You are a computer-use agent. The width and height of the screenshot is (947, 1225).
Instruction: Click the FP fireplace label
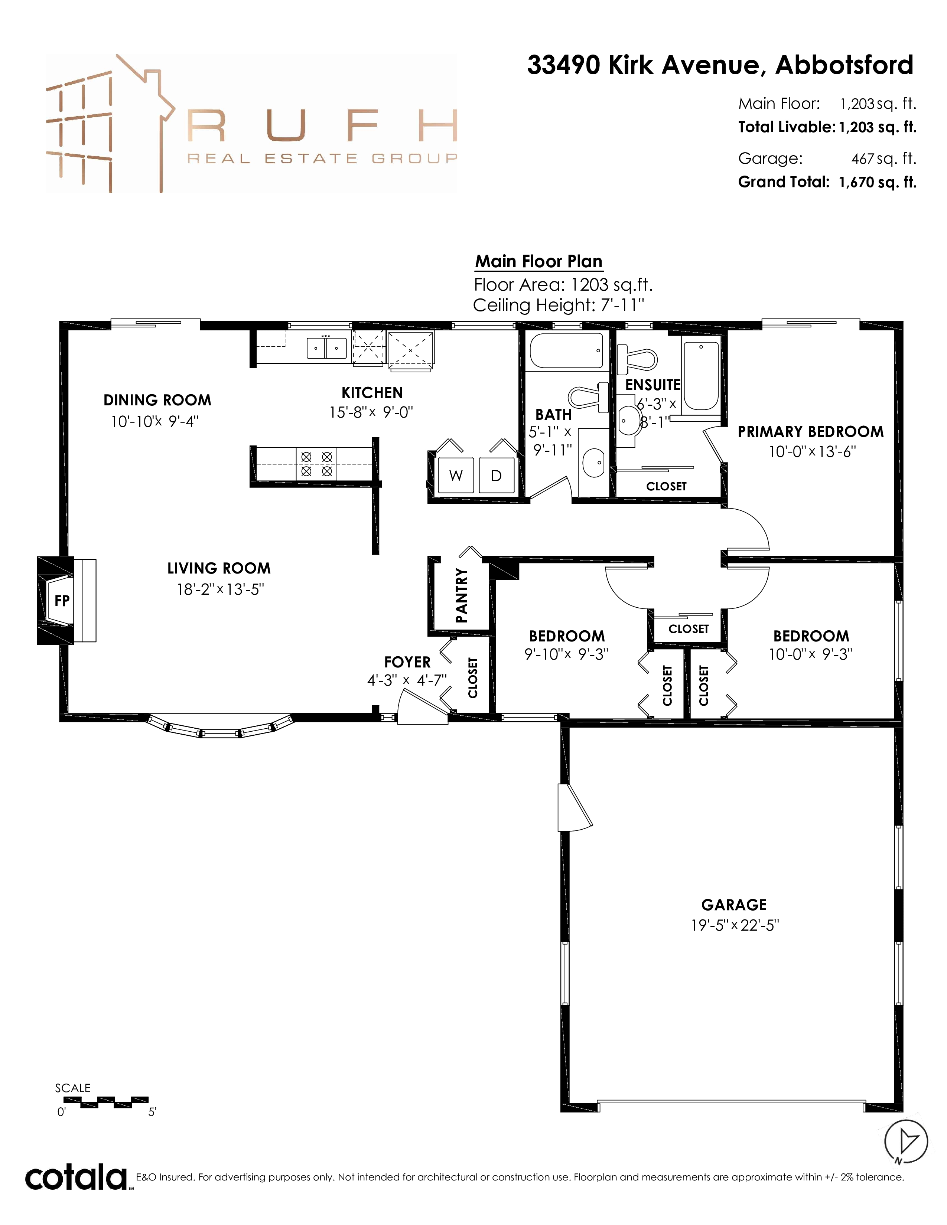(x=62, y=601)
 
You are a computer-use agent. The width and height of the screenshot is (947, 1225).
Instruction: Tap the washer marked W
(x=456, y=475)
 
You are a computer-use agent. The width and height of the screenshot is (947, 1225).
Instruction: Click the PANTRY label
(x=461, y=595)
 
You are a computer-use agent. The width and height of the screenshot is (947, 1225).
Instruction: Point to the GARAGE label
(x=734, y=905)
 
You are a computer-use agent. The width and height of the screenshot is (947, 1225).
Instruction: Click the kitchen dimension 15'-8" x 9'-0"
(x=371, y=412)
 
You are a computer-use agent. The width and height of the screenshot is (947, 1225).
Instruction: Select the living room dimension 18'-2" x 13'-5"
(x=220, y=589)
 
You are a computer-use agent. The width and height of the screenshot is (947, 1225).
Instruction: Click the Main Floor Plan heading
(x=538, y=261)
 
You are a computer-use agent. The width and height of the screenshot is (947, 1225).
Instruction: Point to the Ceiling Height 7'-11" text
(x=558, y=305)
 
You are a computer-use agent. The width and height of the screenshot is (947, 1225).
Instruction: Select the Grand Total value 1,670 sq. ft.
(x=878, y=182)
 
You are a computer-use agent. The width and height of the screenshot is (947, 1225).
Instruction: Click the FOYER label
(x=407, y=662)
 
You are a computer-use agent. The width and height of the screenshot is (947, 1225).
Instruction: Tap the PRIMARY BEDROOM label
(x=811, y=431)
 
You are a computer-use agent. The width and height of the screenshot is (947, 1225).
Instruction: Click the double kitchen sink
(x=326, y=348)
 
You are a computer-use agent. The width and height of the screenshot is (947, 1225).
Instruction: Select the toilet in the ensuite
(x=637, y=359)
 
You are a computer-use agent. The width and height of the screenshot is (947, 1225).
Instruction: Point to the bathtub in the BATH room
(x=567, y=350)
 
